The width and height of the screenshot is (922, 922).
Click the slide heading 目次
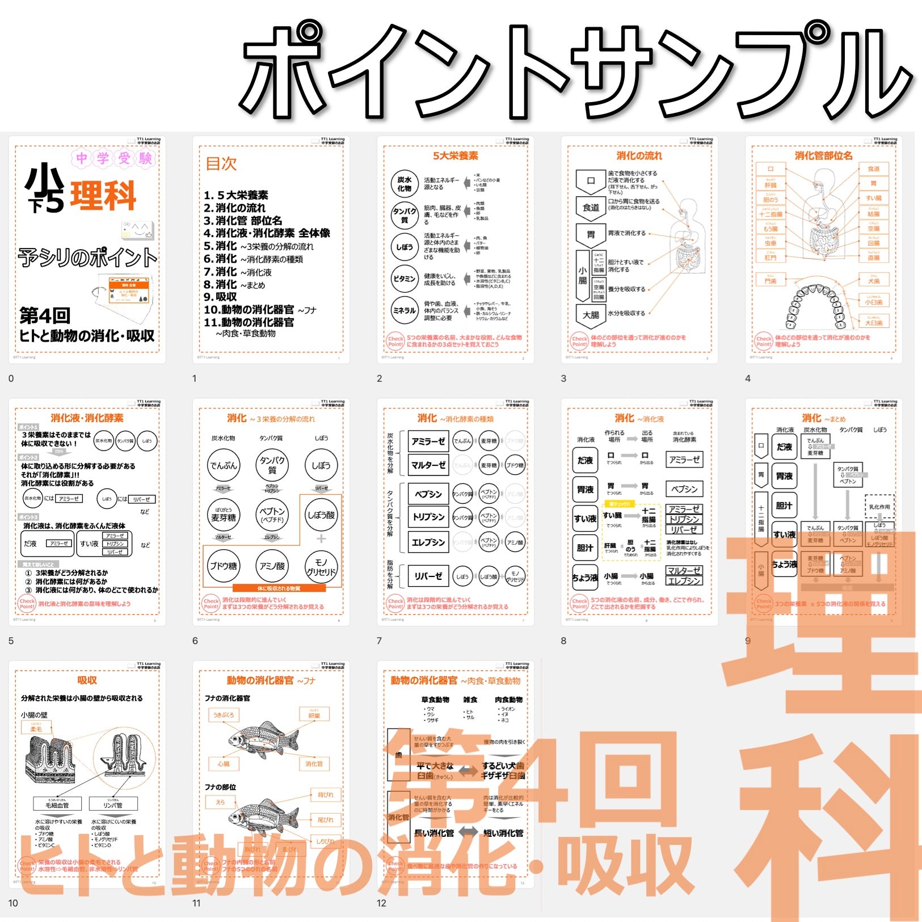(x=221, y=164)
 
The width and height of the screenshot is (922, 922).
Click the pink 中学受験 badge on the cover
(x=113, y=158)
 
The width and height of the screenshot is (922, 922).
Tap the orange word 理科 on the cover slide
(x=103, y=196)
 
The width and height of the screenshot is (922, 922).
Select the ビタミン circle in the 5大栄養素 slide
(x=405, y=279)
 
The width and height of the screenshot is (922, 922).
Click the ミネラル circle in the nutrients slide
(x=405, y=310)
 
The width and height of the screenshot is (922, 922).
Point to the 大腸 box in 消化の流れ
(x=591, y=314)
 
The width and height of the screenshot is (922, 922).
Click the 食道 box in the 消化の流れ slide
(x=591, y=207)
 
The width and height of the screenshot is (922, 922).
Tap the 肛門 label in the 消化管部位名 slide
(x=770, y=257)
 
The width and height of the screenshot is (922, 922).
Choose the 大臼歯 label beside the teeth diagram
(x=873, y=322)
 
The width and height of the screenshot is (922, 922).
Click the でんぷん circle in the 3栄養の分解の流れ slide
(x=224, y=465)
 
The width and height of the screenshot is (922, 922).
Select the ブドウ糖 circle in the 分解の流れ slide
(x=224, y=566)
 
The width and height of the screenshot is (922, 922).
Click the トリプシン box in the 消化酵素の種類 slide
(x=428, y=517)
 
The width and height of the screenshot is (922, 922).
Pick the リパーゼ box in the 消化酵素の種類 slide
(x=428, y=576)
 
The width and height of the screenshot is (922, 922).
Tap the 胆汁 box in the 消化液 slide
(x=585, y=548)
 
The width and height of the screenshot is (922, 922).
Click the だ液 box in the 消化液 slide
(x=585, y=460)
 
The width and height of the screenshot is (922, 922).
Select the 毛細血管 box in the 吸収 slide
(x=57, y=805)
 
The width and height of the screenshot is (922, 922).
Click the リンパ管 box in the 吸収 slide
(x=113, y=805)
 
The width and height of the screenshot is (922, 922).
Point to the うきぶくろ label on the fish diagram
(x=223, y=715)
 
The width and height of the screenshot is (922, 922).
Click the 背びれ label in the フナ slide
(x=325, y=794)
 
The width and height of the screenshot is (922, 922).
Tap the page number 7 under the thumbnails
(x=379, y=641)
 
